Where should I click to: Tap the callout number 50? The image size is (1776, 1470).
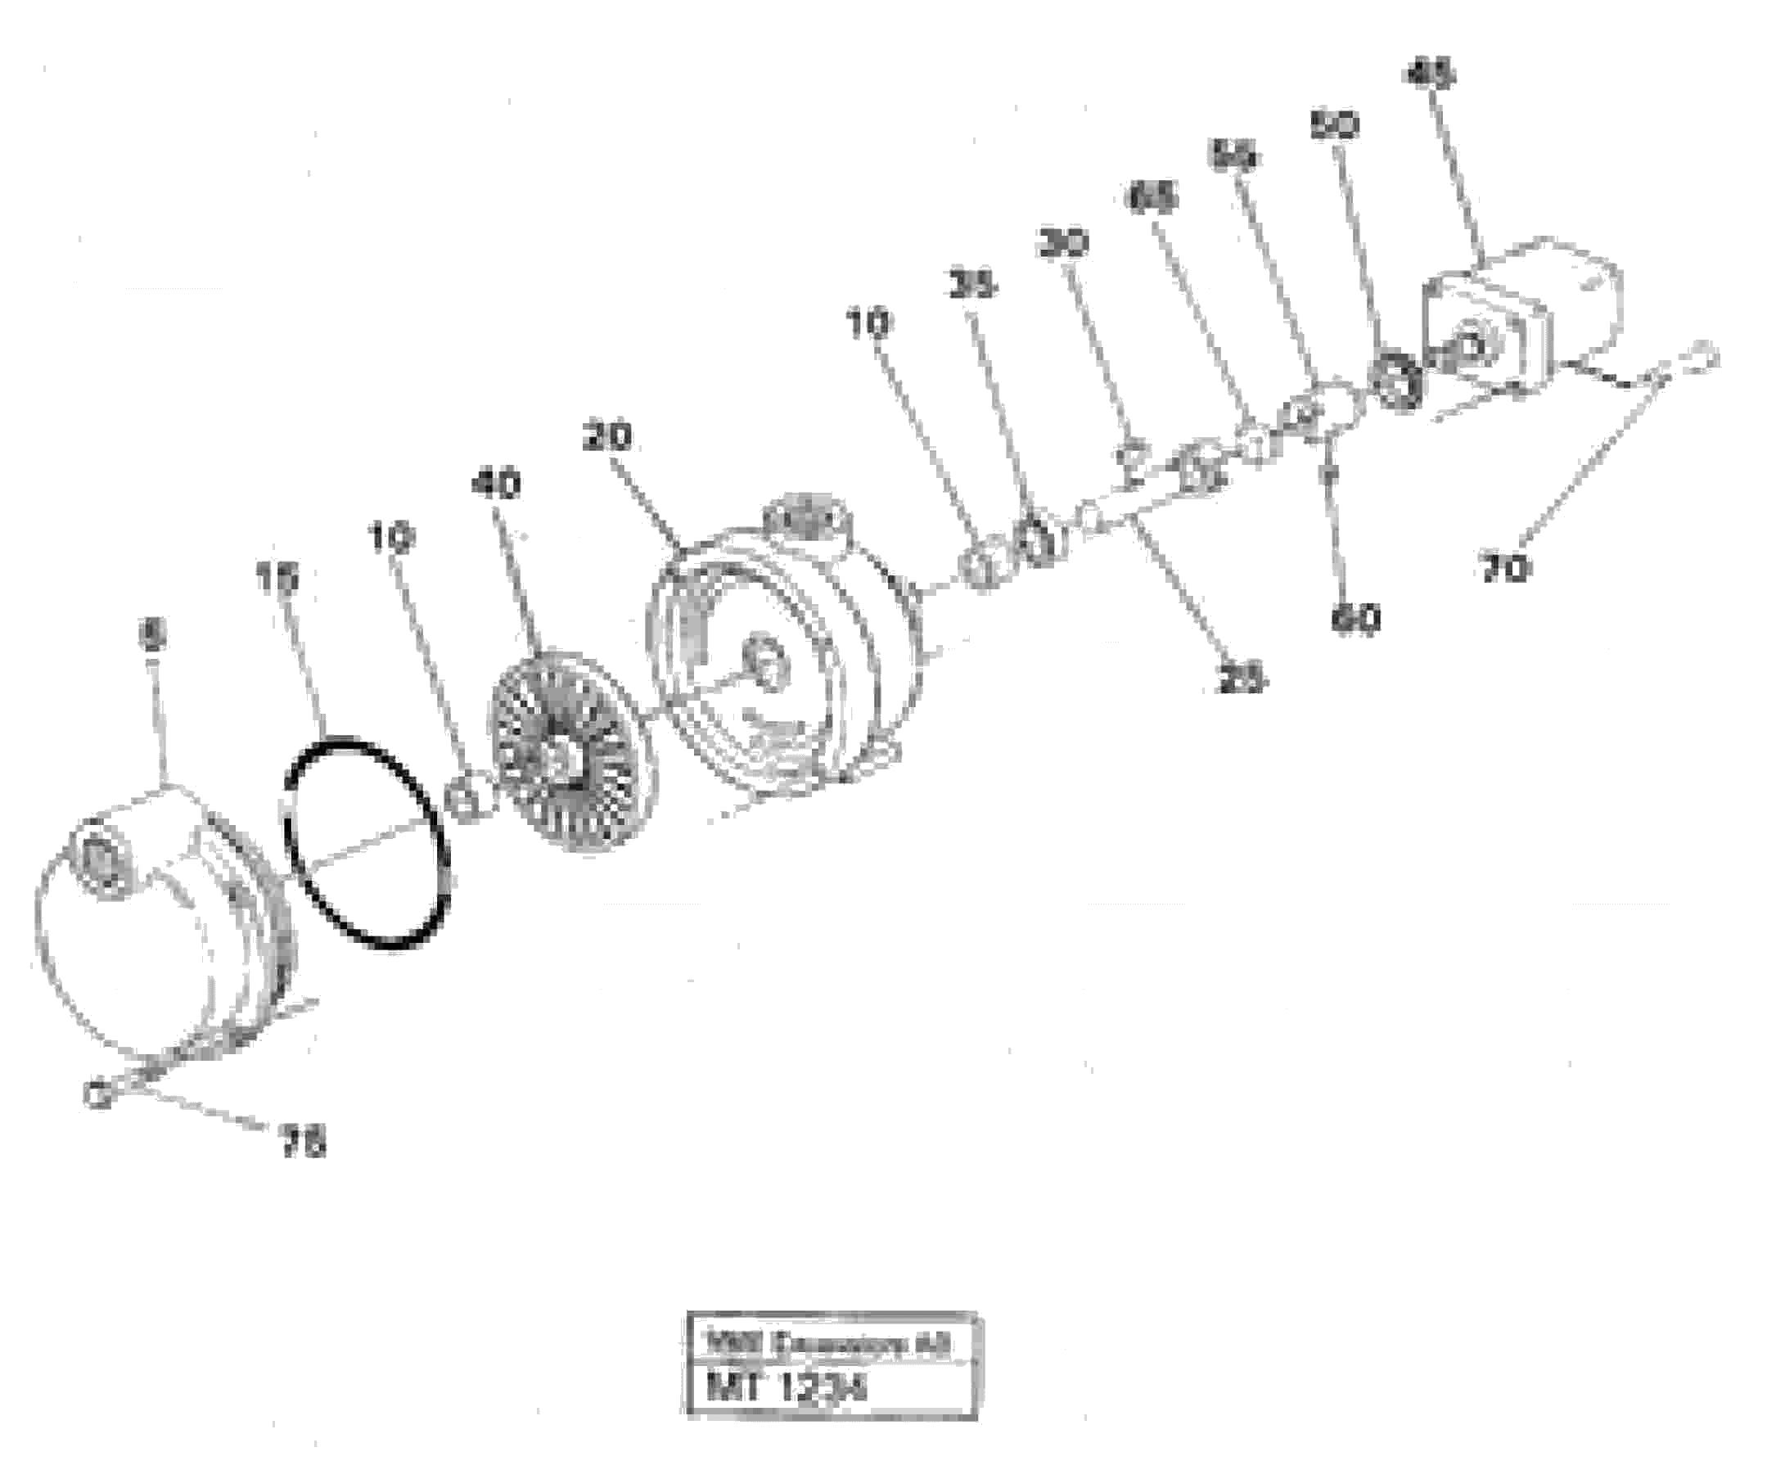pos(1335,125)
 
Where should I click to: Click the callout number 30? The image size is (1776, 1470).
pos(1064,243)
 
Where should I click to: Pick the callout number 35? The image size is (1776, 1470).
pos(971,286)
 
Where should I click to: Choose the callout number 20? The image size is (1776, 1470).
pos(607,437)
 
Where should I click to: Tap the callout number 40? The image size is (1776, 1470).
pos(497,485)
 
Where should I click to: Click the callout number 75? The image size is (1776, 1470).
pos(302,1145)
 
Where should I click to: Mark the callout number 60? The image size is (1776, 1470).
pos(1355,620)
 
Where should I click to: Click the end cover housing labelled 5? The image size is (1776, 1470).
pos(160,922)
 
